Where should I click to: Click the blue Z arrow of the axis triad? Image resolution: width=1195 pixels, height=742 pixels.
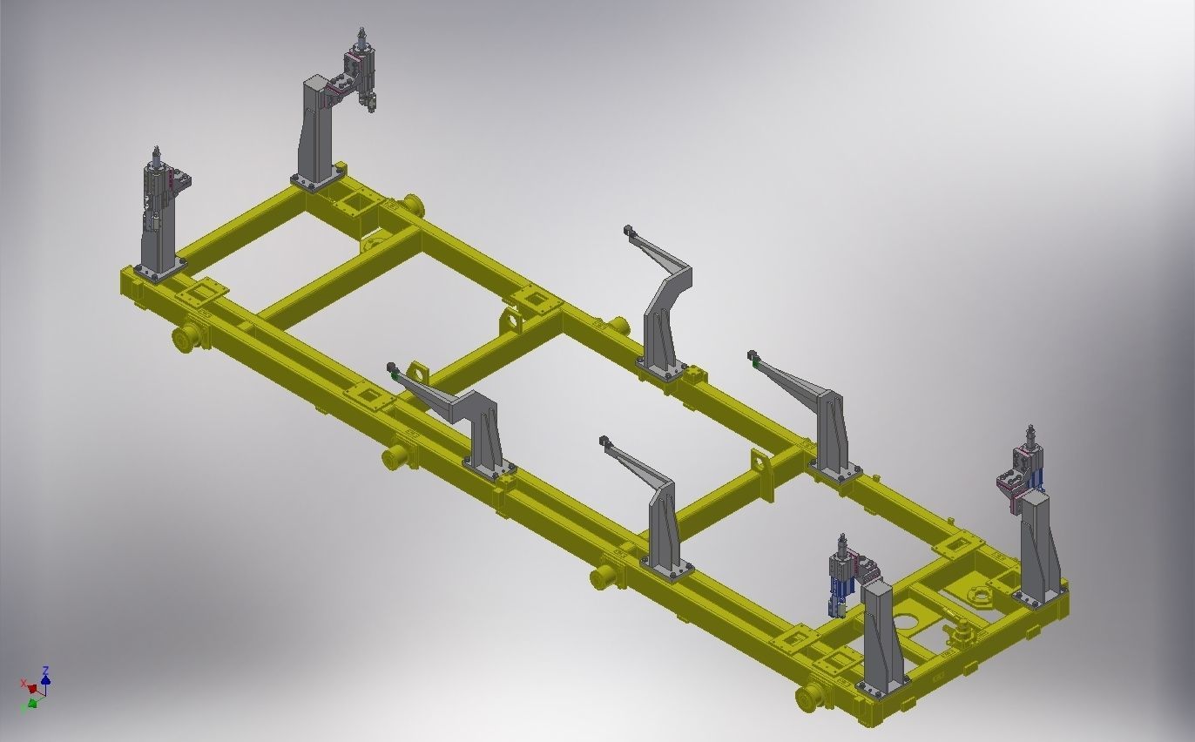click(45, 676)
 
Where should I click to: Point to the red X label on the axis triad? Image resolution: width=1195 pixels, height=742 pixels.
click(24, 683)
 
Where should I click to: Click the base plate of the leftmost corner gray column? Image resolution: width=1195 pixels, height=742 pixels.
click(159, 271)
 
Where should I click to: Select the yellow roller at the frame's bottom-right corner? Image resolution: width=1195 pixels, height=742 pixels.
click(811, 697)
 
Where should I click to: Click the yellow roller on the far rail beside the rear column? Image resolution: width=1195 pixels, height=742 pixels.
click(413, 206)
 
